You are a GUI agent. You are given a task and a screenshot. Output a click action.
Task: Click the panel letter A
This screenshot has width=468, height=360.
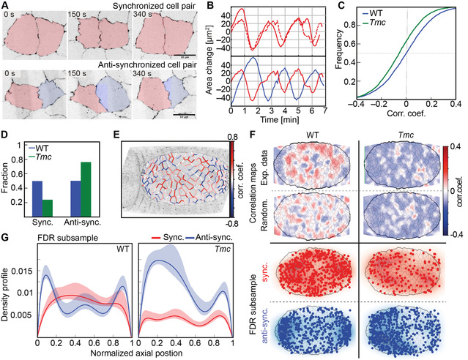[x=5, y=7]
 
